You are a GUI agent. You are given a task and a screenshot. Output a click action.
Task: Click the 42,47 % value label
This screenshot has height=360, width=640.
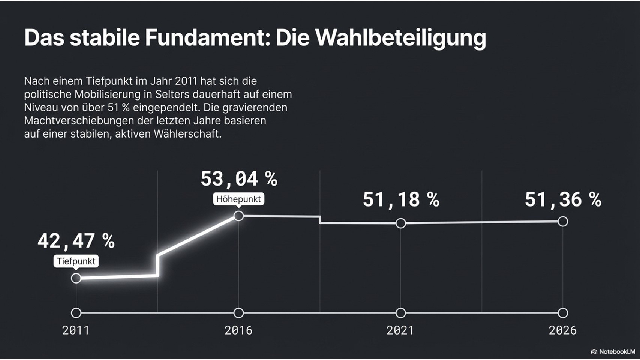76,241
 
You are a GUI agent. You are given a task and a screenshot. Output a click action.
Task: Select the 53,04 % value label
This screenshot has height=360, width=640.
239,178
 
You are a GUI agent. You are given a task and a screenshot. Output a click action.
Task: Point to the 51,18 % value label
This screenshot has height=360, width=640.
401,199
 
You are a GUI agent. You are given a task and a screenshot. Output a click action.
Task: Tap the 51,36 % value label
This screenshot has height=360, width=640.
563,199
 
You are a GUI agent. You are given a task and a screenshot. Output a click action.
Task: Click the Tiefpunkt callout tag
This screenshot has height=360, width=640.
76,261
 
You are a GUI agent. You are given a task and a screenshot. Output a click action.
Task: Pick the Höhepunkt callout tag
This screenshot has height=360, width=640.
238,199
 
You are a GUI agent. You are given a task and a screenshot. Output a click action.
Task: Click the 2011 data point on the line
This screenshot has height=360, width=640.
76,278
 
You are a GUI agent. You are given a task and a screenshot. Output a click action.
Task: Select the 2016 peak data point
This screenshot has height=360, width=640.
238,216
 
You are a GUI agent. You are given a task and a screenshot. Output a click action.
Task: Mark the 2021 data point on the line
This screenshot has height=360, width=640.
401,223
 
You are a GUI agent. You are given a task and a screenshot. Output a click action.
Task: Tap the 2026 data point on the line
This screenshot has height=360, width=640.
563,222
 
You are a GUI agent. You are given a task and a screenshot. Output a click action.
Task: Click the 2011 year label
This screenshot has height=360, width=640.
76,330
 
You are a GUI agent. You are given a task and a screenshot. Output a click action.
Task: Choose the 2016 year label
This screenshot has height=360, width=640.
238,330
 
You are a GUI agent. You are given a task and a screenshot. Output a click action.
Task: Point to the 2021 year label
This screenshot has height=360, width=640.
400,330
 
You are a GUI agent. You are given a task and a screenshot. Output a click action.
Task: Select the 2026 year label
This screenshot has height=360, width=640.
562,330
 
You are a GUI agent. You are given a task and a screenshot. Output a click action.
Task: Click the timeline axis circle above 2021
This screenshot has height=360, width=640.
401,313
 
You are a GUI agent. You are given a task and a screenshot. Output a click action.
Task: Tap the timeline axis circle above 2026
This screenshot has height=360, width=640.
563,313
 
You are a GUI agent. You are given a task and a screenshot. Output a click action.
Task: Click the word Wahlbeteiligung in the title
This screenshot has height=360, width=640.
400,38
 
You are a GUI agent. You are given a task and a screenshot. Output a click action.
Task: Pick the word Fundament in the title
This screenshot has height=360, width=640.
207,38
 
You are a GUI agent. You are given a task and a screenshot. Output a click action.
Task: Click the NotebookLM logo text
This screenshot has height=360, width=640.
617,352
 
